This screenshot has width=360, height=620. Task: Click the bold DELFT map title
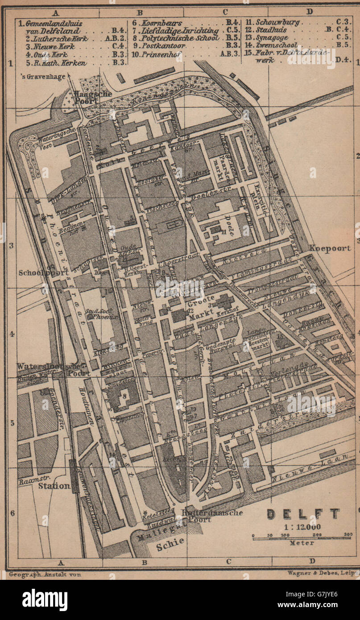point(303,514)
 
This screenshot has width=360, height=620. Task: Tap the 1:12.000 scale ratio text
point(302,526)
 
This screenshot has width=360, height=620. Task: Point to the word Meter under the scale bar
point(302,543)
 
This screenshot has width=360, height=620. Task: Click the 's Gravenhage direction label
point(43,76)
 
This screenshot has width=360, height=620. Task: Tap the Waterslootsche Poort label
point(47,369)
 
